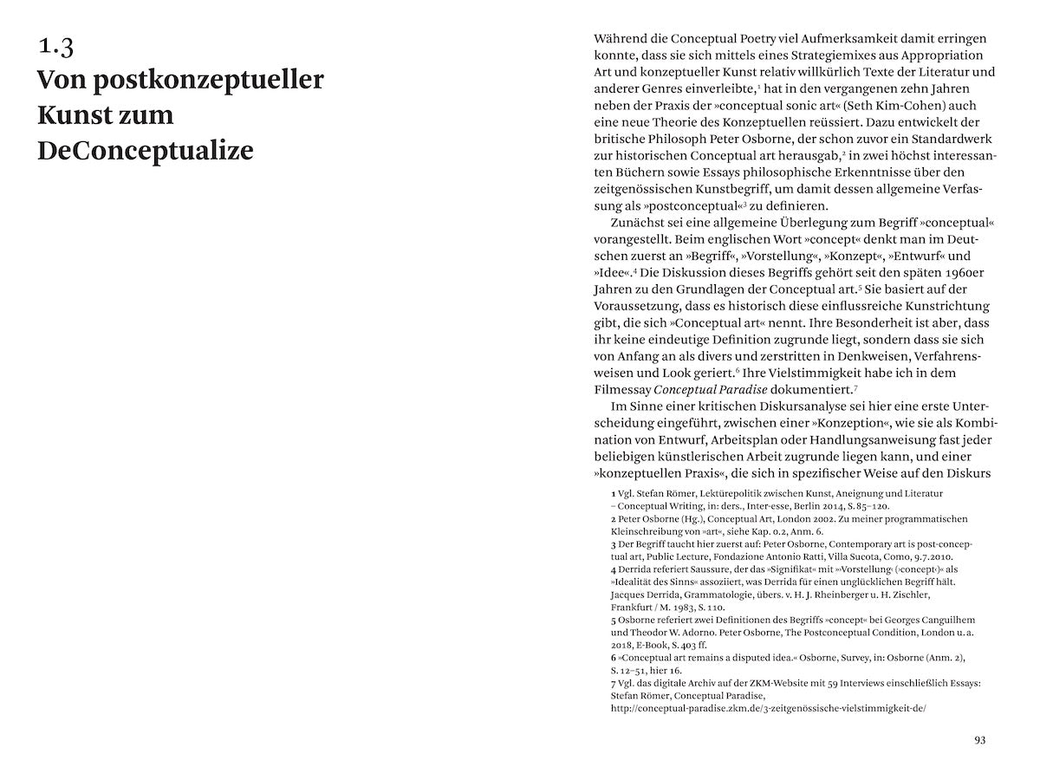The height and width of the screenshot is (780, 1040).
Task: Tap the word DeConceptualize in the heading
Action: (146, 151)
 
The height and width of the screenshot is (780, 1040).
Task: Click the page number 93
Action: (980, 739)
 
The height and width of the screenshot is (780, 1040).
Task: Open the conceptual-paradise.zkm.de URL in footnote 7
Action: (769, 708)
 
